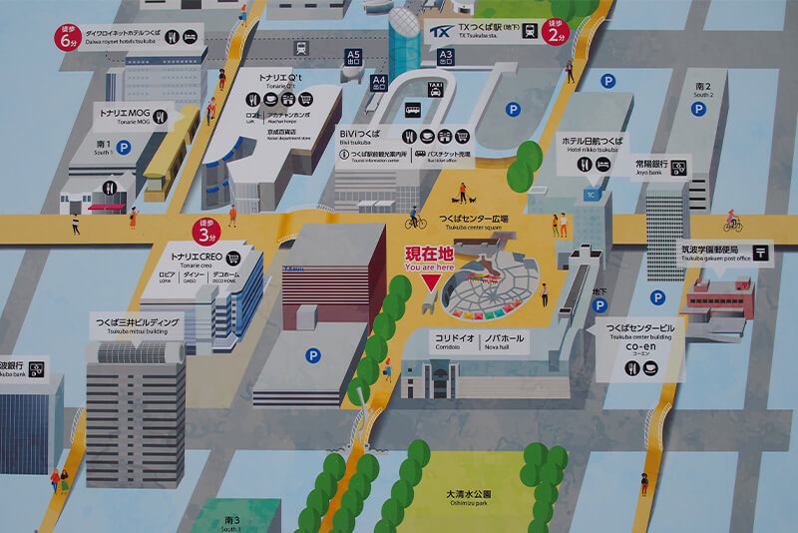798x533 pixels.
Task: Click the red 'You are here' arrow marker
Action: pos(430,281)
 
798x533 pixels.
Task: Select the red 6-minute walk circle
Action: pos(68,38)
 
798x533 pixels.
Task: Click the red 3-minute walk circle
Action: pos(207,234)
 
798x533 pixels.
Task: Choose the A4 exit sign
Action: pos(378,83)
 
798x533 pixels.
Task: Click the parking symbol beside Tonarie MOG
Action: pos(125,148)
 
